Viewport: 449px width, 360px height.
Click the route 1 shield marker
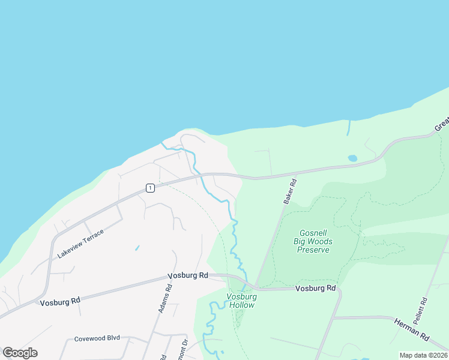[150, 188]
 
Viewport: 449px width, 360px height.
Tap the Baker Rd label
[290, 191]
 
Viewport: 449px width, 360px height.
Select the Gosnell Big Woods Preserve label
[313, 241]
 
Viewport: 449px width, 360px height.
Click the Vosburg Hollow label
[241, 301]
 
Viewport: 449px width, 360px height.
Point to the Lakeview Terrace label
[80, 244]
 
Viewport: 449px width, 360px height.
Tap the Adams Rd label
[165, 298]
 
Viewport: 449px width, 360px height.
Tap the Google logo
[20, 353]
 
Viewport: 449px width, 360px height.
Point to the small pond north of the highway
[352, 158]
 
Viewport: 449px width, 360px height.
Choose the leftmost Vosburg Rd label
[60, 302]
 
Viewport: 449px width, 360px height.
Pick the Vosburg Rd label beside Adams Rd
[188, 275]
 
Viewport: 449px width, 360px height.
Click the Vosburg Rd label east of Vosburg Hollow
[316, 289]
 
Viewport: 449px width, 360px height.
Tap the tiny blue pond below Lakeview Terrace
[137, 247]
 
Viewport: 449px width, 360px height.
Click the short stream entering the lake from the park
[348, 127]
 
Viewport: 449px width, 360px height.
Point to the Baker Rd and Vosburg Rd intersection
[256, 287]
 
